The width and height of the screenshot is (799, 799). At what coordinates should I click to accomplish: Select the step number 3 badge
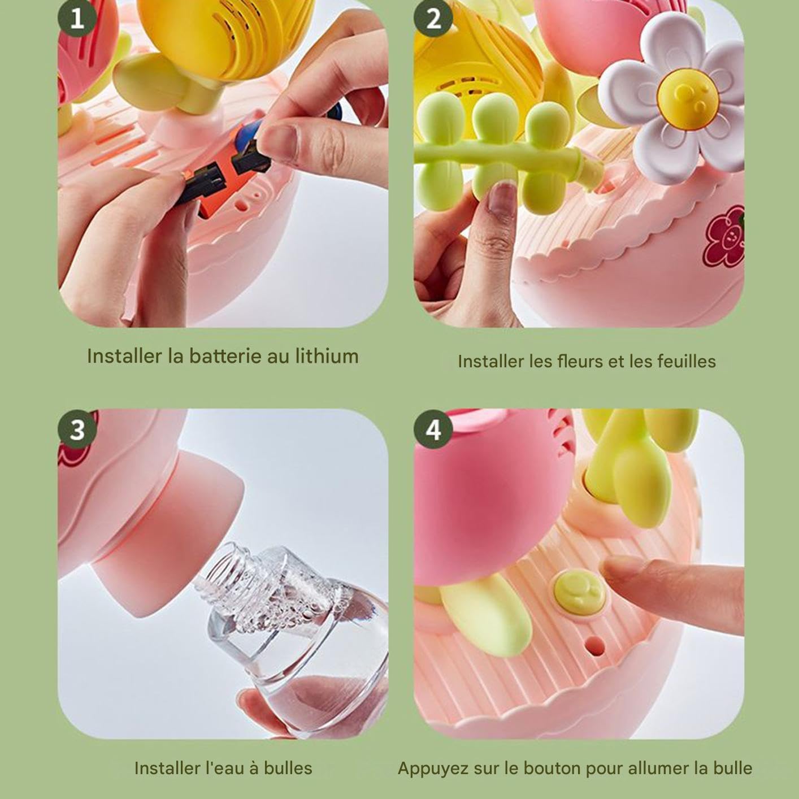coord(77,429)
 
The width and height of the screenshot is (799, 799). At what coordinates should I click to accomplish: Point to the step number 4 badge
coord(433,429)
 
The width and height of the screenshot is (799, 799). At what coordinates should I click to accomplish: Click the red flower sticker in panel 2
coord(723,237)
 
